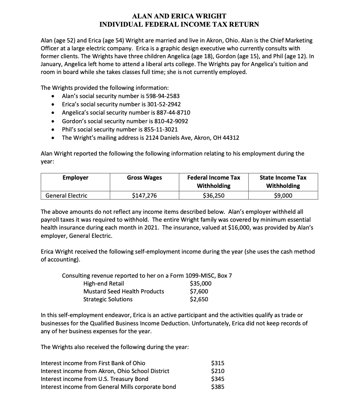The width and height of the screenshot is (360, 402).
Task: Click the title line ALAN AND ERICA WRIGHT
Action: click(x=179, y=16)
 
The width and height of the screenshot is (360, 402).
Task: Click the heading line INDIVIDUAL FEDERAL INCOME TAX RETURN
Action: click(x=179, y=24)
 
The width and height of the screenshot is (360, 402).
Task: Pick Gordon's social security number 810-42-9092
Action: click(x=171, y=121)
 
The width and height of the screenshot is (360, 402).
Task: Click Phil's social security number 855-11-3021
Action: click(x=161, y=129)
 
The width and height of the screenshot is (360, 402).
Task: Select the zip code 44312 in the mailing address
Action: click(x=230, y=138)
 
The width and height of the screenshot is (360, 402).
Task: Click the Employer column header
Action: click(x=75, y=177)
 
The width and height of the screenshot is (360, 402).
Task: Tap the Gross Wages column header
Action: click(x=144, y=177)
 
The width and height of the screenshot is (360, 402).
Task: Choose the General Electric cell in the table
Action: click(x=66, y=195)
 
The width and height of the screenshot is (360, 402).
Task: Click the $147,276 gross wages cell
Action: click(x=144, y=195)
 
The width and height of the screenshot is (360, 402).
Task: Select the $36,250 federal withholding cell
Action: click(x=213, y=195)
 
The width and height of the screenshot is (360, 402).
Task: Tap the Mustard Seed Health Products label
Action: click(x=124, y=291)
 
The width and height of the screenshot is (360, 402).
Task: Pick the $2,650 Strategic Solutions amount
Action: click(x=199, y=299)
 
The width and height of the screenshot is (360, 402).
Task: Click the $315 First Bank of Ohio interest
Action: click(x=218, y=363)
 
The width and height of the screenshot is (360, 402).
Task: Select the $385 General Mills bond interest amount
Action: click(x=218, y=387)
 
